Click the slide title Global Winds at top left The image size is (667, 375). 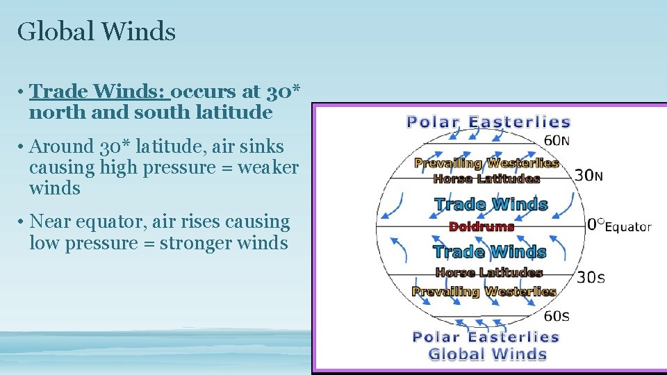97,31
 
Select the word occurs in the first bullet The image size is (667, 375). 206,91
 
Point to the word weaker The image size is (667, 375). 268,167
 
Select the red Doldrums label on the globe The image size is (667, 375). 481,226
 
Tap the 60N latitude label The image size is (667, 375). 557,141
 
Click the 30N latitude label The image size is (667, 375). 588,176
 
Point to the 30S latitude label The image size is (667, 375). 591,278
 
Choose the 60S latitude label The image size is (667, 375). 557,317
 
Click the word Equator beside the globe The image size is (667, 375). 628,226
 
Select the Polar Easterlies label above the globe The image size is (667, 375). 488,122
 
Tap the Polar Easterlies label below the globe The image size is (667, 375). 486,337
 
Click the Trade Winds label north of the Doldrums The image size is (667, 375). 491,204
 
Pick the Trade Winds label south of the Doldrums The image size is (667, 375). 489,251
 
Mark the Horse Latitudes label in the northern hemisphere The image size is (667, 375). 486,178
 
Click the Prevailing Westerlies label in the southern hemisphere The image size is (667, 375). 484,292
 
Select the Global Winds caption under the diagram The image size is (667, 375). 488,354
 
